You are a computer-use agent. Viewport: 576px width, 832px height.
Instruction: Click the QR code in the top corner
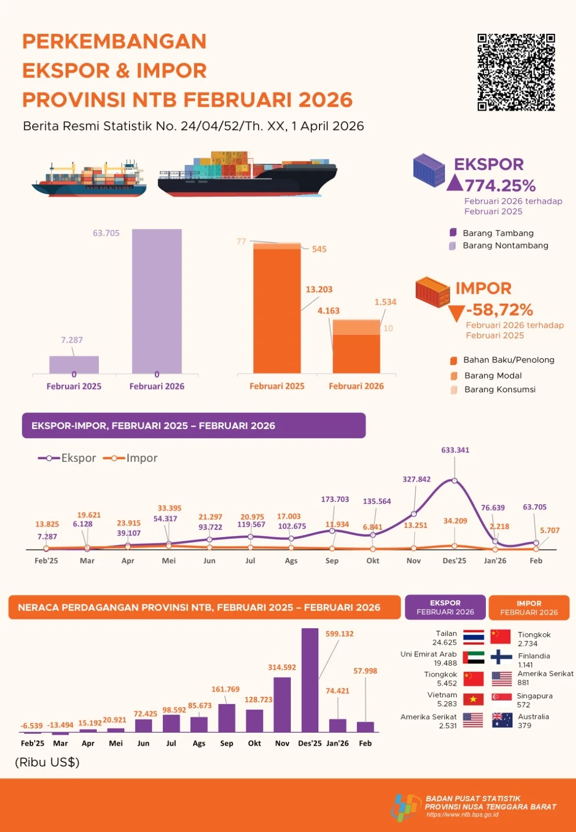pyautogui.click(x=516, y=72)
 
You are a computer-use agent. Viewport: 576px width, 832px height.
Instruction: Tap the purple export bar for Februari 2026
pyautogui.click(x=157, y=301)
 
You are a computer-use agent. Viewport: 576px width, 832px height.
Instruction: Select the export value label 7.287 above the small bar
pyautogui.click(x=72, y=340)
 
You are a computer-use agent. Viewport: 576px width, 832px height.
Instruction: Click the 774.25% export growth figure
pyautogui.click(x=500, y=186)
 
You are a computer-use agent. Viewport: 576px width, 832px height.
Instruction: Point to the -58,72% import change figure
pyautogui.click(x=500, y=309)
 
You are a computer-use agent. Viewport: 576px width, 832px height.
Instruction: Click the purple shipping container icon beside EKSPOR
pyautogui.click(x=429, y=170)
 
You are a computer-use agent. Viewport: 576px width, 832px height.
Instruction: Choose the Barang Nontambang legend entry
pyautogui.click(x=499, y=245)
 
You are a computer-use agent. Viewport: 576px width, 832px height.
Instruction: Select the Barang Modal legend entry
pyautogui.click(x=486, y=375)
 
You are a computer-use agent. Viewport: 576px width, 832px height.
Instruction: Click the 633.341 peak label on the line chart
pyautogui.click(x=455, y=450)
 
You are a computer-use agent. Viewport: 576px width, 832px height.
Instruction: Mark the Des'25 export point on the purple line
pyautogui.click(x=454, y=480)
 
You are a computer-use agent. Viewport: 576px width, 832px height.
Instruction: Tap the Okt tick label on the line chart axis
pyautogui.click(x=373, y=561)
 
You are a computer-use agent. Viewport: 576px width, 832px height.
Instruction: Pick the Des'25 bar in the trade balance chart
pyautogui.click(x=310, y=680)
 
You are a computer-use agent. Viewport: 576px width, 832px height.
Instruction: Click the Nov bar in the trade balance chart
pyautogui.click(x=282, y=705)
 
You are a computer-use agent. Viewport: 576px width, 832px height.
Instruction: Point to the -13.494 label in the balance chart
pyautogui.click(x=60, y=725)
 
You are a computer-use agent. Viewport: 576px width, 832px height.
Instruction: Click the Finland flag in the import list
pyautogui.click(x=501, y=657)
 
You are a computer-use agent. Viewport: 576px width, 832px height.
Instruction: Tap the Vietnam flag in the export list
pyautogui.click(x=473, y=699)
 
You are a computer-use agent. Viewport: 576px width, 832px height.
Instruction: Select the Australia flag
pyautogui.click(x=502, y=720)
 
